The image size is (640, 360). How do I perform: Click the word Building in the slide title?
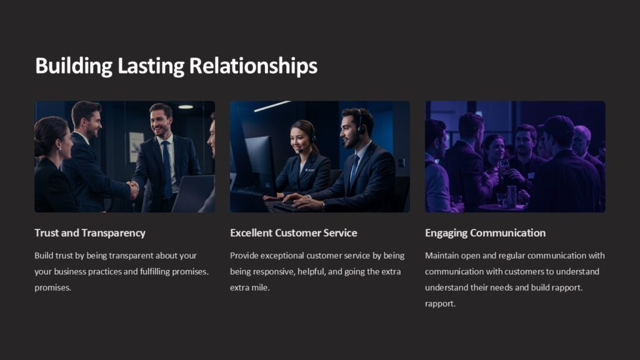[73, 66]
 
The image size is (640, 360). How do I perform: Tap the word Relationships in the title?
[253, 66]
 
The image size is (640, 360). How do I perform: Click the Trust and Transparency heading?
[90, 233]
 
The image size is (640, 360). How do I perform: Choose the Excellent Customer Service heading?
[294, 233]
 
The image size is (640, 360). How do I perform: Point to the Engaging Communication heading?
[485, 233]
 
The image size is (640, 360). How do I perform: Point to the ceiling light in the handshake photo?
[185, 107]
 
